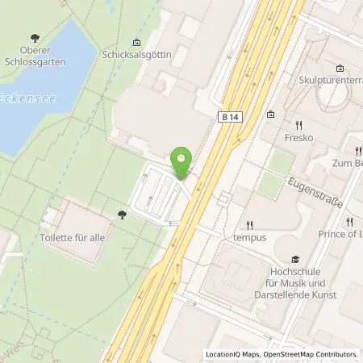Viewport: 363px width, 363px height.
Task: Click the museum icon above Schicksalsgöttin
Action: (136, 42)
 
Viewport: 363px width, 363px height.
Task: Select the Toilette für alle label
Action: (73, 238)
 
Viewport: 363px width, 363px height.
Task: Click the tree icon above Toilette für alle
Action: (122, 215)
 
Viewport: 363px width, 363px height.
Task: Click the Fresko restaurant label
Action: (298, 138)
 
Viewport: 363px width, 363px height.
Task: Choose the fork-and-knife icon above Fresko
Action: (298, 125)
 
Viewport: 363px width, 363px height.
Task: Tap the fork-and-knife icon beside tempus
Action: (250, 225)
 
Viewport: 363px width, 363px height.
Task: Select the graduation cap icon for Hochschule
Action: (295, 259)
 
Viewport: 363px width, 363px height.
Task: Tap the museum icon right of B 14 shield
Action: (270, 114)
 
